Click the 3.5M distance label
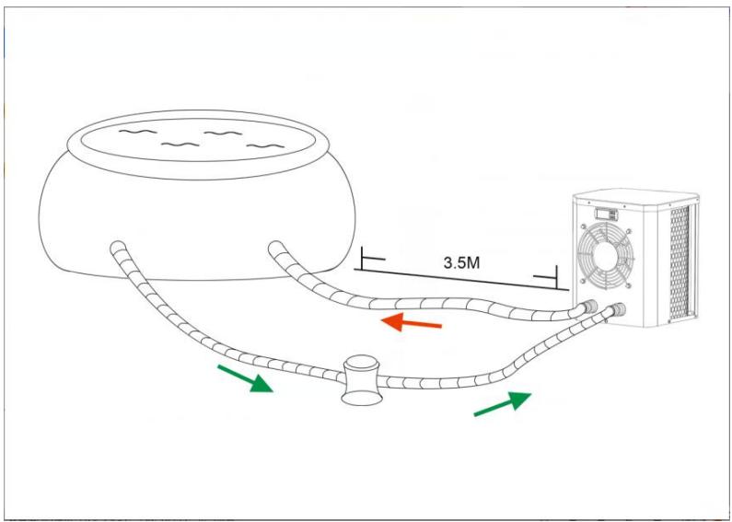click(461, 262)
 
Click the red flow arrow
click(412, 322)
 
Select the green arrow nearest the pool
click(245, 378)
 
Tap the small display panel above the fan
click(606, 214)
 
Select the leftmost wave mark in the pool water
click(135, 133)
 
